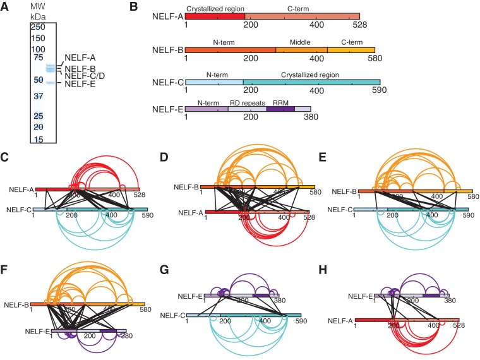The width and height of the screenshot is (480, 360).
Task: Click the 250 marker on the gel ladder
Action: [39, 27]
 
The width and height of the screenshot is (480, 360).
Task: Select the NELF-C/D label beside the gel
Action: [81, 76]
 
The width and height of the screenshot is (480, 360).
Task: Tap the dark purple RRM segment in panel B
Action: [280, 109]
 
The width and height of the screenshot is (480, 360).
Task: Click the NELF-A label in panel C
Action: [21, 189]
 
